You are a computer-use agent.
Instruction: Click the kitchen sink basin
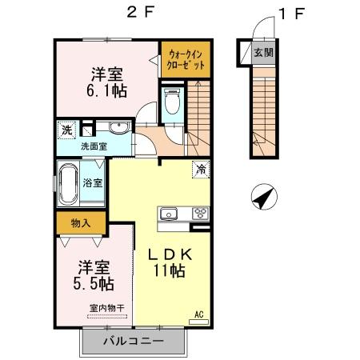tap(170, 213)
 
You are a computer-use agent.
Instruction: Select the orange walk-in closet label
tap(185, 58)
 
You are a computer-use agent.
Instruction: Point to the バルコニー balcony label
tap(134, 340)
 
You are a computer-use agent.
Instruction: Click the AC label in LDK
tap(199, 314)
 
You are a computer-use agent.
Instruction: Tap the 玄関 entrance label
tap(263, 53)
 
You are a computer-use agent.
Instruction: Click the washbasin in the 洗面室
tap(117, 128)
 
